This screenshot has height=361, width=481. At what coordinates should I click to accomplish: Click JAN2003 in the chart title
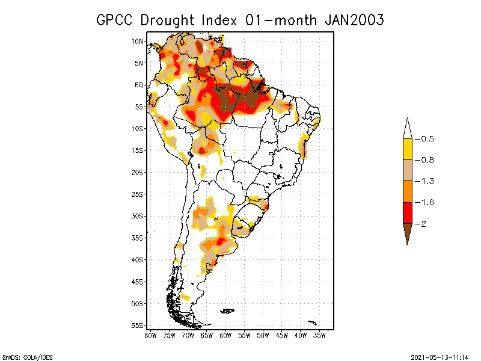pyautogui.click(x=354, y=20)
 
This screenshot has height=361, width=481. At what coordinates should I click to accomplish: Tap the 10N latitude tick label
pyautogui.click(x=138, y=41)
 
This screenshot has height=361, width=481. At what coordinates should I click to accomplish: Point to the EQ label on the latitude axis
pyautogui.click(x=139, y=85)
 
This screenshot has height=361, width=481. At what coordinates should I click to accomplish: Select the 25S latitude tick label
pyautogui.click(x=138, y=194)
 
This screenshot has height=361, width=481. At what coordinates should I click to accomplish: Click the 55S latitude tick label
pyautogui.click(x=138, y=325)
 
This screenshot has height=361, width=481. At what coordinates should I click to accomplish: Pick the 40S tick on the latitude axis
pyautogui.click(x=138, y=259)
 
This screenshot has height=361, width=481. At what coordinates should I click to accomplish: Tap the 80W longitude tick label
pyautogui.click(x=151, y=335)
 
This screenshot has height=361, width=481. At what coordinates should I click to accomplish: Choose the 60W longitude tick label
pyautogui.click(x=225, y=335)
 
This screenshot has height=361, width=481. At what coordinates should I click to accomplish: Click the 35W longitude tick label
pyautogui.click(x=319, y=335)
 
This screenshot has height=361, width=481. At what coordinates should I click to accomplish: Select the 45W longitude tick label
pyautogui.click(x=282, y=335)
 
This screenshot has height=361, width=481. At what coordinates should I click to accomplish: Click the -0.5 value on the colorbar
pyautogui.click(x=427, y=139)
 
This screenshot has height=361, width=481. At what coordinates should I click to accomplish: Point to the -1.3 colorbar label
pyautogui.click(x=427, y=181)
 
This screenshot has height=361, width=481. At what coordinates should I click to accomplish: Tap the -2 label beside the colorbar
pyautogui.click(x=424, y=223)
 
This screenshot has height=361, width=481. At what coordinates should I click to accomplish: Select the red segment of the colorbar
pyautogui.click(x=407, y=212)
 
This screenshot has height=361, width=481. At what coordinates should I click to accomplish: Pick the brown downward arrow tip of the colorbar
pyautogui.click(x=407, y=234)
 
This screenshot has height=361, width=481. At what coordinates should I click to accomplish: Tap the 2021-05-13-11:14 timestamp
pyautogui.click(x=439, y=357)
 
